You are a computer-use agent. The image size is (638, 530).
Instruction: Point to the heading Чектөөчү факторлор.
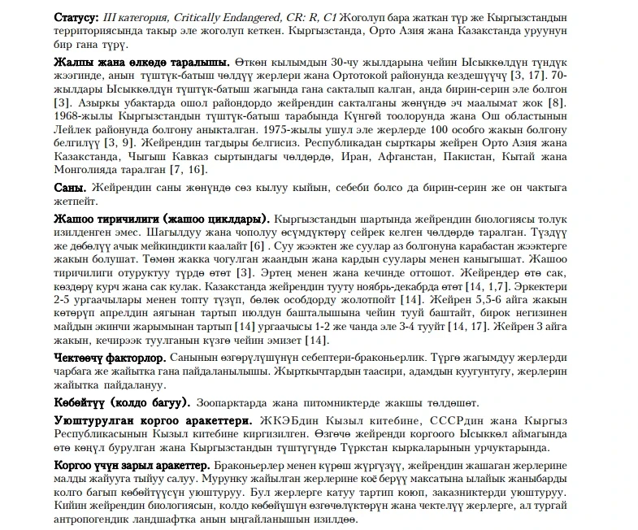[110, 358]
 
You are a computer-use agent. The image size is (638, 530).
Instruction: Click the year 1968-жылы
[80, 116]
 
